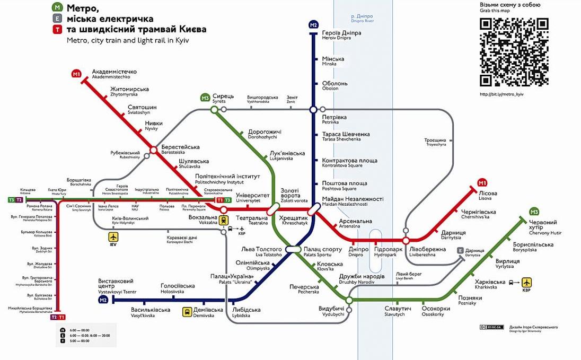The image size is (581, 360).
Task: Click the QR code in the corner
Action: tap(514, 52)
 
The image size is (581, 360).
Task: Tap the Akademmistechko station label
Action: tap(115, 74)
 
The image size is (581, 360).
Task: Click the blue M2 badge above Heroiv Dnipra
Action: tap(313, 25)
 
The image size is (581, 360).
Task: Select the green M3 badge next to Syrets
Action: tap(205, 98)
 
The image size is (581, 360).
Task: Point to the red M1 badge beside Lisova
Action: tap(482, 182)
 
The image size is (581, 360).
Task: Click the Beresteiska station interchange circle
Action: tap(153, 151)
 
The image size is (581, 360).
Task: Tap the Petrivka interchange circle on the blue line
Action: tap(313, 110)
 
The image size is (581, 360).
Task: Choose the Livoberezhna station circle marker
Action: tap(406, 241)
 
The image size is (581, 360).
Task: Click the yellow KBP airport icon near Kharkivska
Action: tap(526, 282)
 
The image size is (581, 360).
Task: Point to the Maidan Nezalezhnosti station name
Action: tap(352, 201)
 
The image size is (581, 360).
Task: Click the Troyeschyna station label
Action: tap(435, 142)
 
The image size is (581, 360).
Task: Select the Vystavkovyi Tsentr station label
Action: tap(117, 286)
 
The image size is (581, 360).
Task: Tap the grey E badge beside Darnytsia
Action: tap(460, 251)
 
